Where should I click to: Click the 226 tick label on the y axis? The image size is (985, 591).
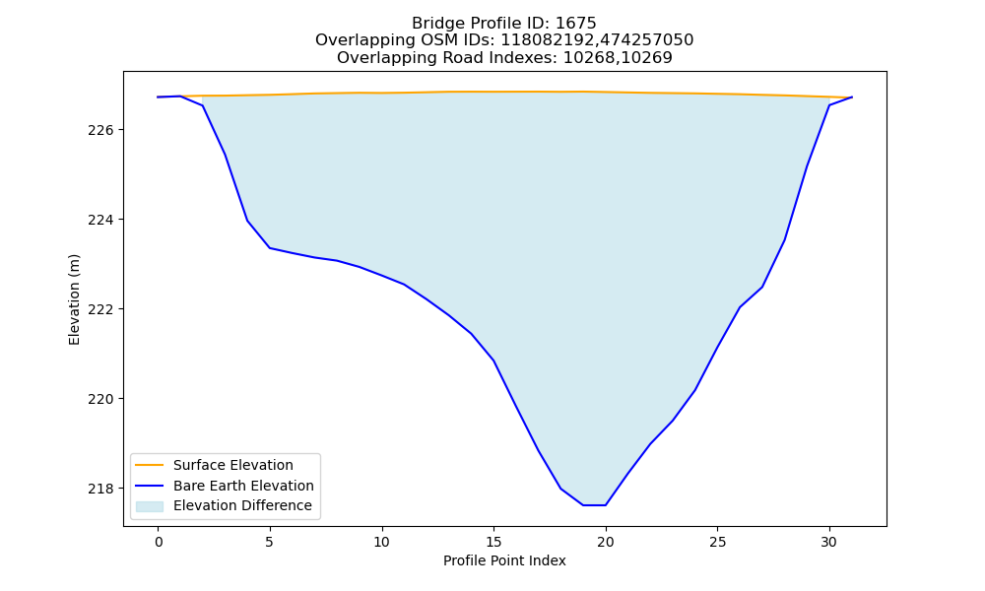[101, 130]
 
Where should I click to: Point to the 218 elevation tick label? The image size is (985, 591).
[101, 489]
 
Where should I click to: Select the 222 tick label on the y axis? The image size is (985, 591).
[101, 309]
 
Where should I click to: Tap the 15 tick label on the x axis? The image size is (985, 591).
[493, 542]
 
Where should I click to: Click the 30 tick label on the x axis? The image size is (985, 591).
[829, 542]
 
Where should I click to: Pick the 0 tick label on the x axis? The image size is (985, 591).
[159, 542]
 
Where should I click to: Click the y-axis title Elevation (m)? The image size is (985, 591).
[74, 299]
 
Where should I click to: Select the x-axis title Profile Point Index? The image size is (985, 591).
[504, 560]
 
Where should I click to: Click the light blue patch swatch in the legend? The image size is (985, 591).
[150, 506]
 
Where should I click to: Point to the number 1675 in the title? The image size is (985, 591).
[575, 24]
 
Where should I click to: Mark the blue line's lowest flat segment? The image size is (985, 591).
[594, 505]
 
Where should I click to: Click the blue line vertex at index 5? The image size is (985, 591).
[270, 248]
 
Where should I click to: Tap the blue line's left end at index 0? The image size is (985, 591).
[159, 98]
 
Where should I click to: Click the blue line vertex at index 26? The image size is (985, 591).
[740, 307]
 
